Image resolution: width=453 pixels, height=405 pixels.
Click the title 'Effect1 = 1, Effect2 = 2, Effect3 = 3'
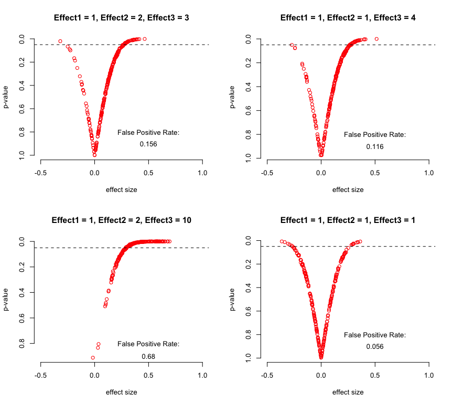[122, 18]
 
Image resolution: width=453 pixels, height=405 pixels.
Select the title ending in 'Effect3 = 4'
[348, 18]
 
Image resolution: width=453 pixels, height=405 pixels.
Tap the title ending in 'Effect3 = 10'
[122, 220]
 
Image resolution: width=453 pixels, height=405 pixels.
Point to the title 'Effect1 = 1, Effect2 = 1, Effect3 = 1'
[348, 220]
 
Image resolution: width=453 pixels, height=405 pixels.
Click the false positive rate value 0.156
[148, 144]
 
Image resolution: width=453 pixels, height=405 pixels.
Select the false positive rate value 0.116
[375, 147]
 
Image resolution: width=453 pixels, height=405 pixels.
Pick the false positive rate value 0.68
[148, 357]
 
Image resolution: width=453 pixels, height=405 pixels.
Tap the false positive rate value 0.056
[375, 346]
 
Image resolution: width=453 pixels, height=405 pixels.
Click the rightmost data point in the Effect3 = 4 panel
[376, 39]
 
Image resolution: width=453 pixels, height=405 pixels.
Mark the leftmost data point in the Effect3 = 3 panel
[60, 41]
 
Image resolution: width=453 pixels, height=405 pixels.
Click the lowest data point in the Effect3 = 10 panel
[93, 358]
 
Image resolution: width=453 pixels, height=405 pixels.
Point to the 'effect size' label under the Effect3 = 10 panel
[122, 392]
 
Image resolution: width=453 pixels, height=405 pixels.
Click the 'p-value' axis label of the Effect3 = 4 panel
[233, 98]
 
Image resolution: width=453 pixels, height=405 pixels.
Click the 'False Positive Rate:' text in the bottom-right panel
[375, 335]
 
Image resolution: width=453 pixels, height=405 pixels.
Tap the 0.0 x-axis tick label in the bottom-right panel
[321, 376]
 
